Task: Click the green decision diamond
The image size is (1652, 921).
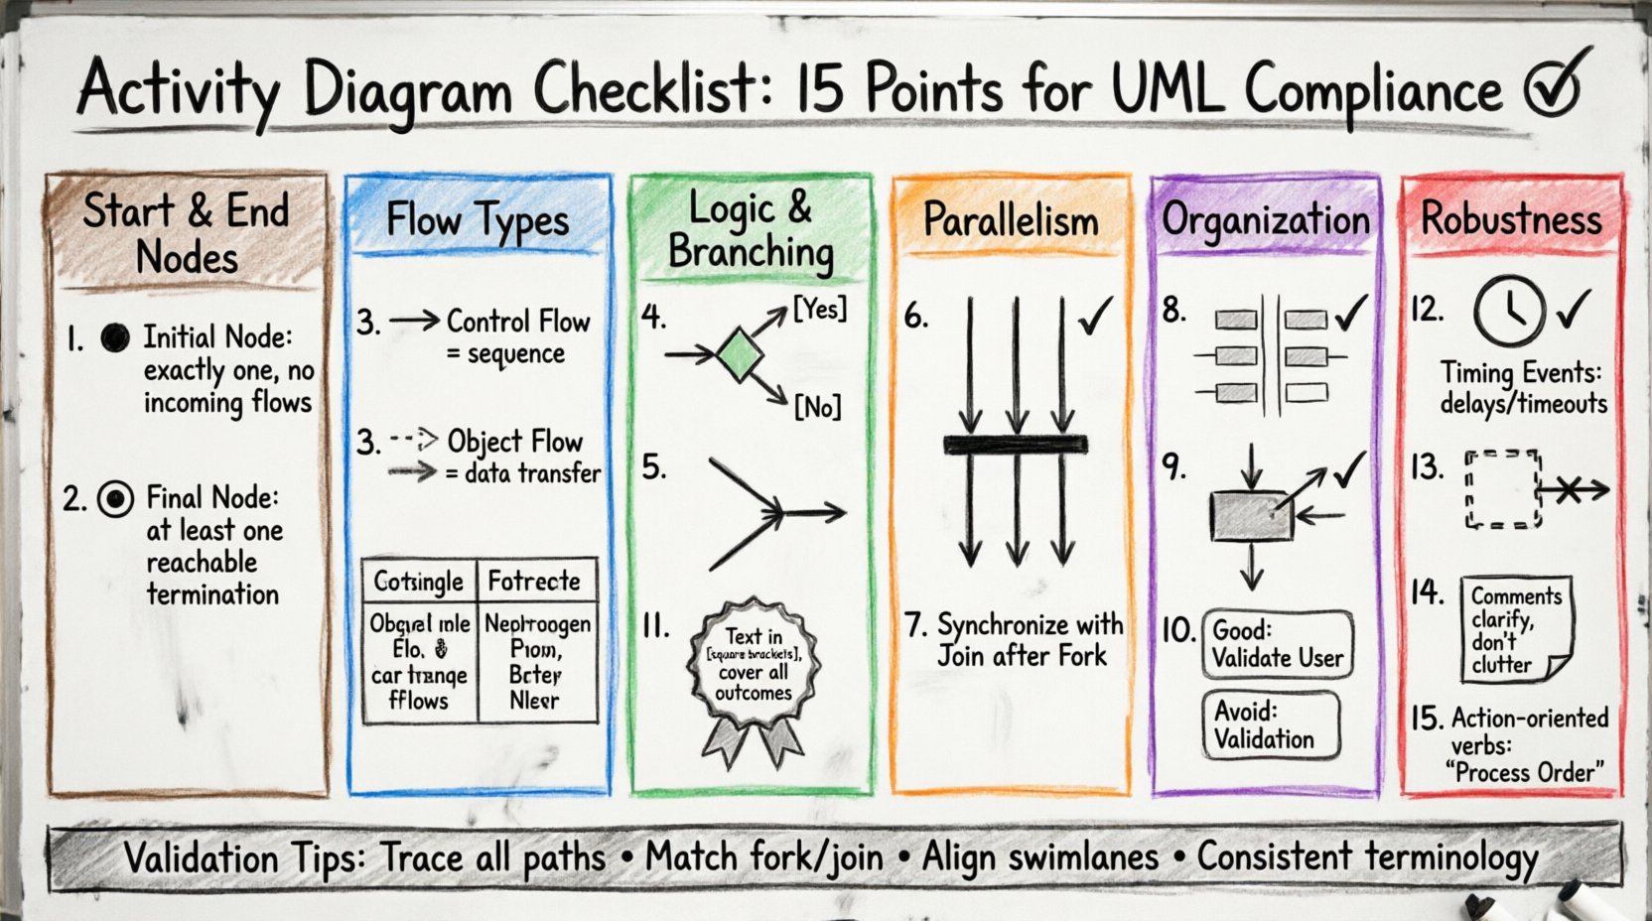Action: tap(740, 355)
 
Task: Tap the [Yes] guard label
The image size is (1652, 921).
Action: tap(819, 309)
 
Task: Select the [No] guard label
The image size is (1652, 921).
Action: tap(817, 406)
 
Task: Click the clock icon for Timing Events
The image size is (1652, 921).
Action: tap(1509, 311)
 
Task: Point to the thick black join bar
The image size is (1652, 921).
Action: tap(1015, 445)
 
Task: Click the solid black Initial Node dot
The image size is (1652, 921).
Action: tap(115, 338)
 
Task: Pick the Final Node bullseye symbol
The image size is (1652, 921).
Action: tap(116, 498)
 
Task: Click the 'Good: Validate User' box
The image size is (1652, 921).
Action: tap(1277, 644)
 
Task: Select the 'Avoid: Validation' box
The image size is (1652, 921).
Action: tap(1271, 725)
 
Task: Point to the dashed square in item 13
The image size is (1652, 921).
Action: tap(1502, 489)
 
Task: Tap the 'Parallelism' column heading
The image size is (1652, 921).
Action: tap(1011, 220)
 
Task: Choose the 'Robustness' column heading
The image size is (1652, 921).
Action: tap(1511, 218)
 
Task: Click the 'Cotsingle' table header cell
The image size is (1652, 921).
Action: tap(419, 581)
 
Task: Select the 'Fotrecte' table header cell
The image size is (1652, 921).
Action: tap(535, 581)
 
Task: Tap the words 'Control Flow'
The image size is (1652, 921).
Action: tap(518, 322)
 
